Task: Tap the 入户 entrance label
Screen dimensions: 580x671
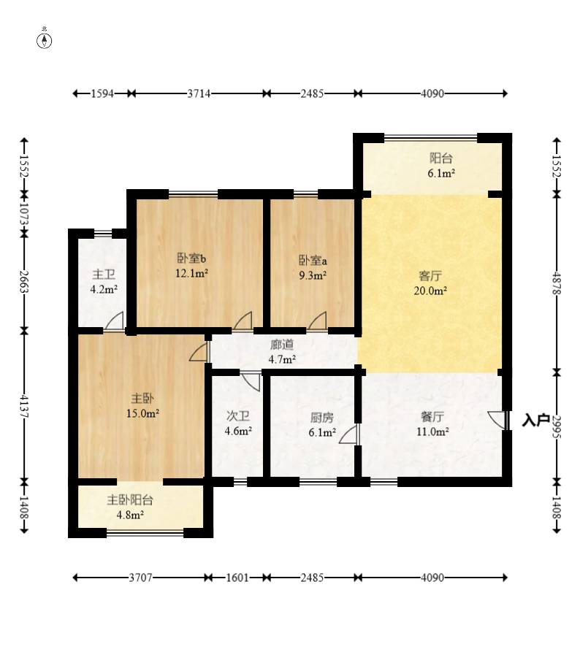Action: [536, 420]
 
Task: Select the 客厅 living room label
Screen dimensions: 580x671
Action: [430, 275]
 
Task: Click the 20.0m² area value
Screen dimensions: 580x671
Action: [430, 291]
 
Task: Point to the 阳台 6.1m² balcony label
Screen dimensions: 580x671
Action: [441, 166]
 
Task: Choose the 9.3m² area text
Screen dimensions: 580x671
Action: [313, 275]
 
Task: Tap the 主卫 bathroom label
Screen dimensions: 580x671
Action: [104, 275]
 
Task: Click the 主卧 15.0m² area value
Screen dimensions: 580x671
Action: [142, 413]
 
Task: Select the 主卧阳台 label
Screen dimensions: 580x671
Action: [130, 500]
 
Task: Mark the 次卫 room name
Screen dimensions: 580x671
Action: [238, 415]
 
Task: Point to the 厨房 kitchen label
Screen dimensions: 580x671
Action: [321, 417]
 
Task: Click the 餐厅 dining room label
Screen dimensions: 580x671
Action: [432, 416]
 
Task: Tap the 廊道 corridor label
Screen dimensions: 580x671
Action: [282, 345]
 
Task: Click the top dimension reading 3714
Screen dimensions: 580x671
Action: [199, 93]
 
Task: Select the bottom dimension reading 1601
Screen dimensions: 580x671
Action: [237, 578]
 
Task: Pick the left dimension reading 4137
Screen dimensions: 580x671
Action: [24, 406]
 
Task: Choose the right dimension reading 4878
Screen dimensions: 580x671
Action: [557, 283]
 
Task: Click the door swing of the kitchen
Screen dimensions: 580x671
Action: [349, 434]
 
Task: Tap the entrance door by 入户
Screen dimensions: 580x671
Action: [497, 420]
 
